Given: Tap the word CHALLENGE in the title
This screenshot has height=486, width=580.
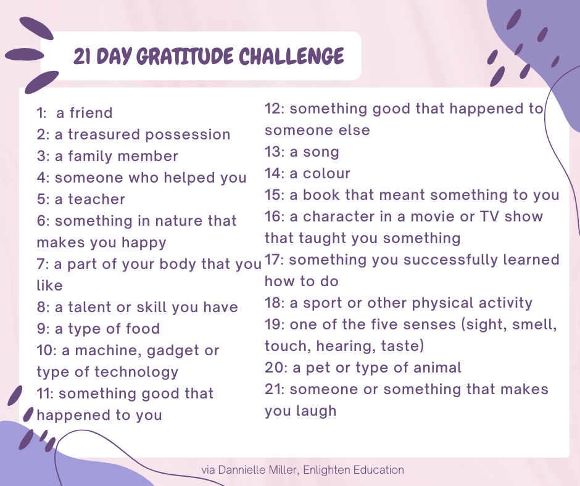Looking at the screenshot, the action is pyautogui.click(x=291, y=56).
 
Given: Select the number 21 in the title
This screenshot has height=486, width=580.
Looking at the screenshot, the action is pyautogui.click(x=82, y=57).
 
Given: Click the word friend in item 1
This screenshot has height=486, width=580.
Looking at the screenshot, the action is pyautogui.click(x=91, y=113).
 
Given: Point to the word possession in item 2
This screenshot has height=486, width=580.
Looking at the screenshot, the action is pyautogui.click(x=188, y=135).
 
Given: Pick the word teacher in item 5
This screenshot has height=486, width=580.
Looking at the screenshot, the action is pyautogui.click(x=96, y=199).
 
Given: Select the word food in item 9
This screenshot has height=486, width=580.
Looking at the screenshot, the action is pyautogui.click(x=143, y=329).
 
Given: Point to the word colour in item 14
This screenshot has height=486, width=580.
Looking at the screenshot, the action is pyautogui.click(x=326, y=174).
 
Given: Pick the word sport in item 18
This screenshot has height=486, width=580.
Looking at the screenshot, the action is pyautogui.click(x=325, y=303).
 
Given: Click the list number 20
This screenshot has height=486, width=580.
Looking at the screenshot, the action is pyautogui.click(x=275, y=368).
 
